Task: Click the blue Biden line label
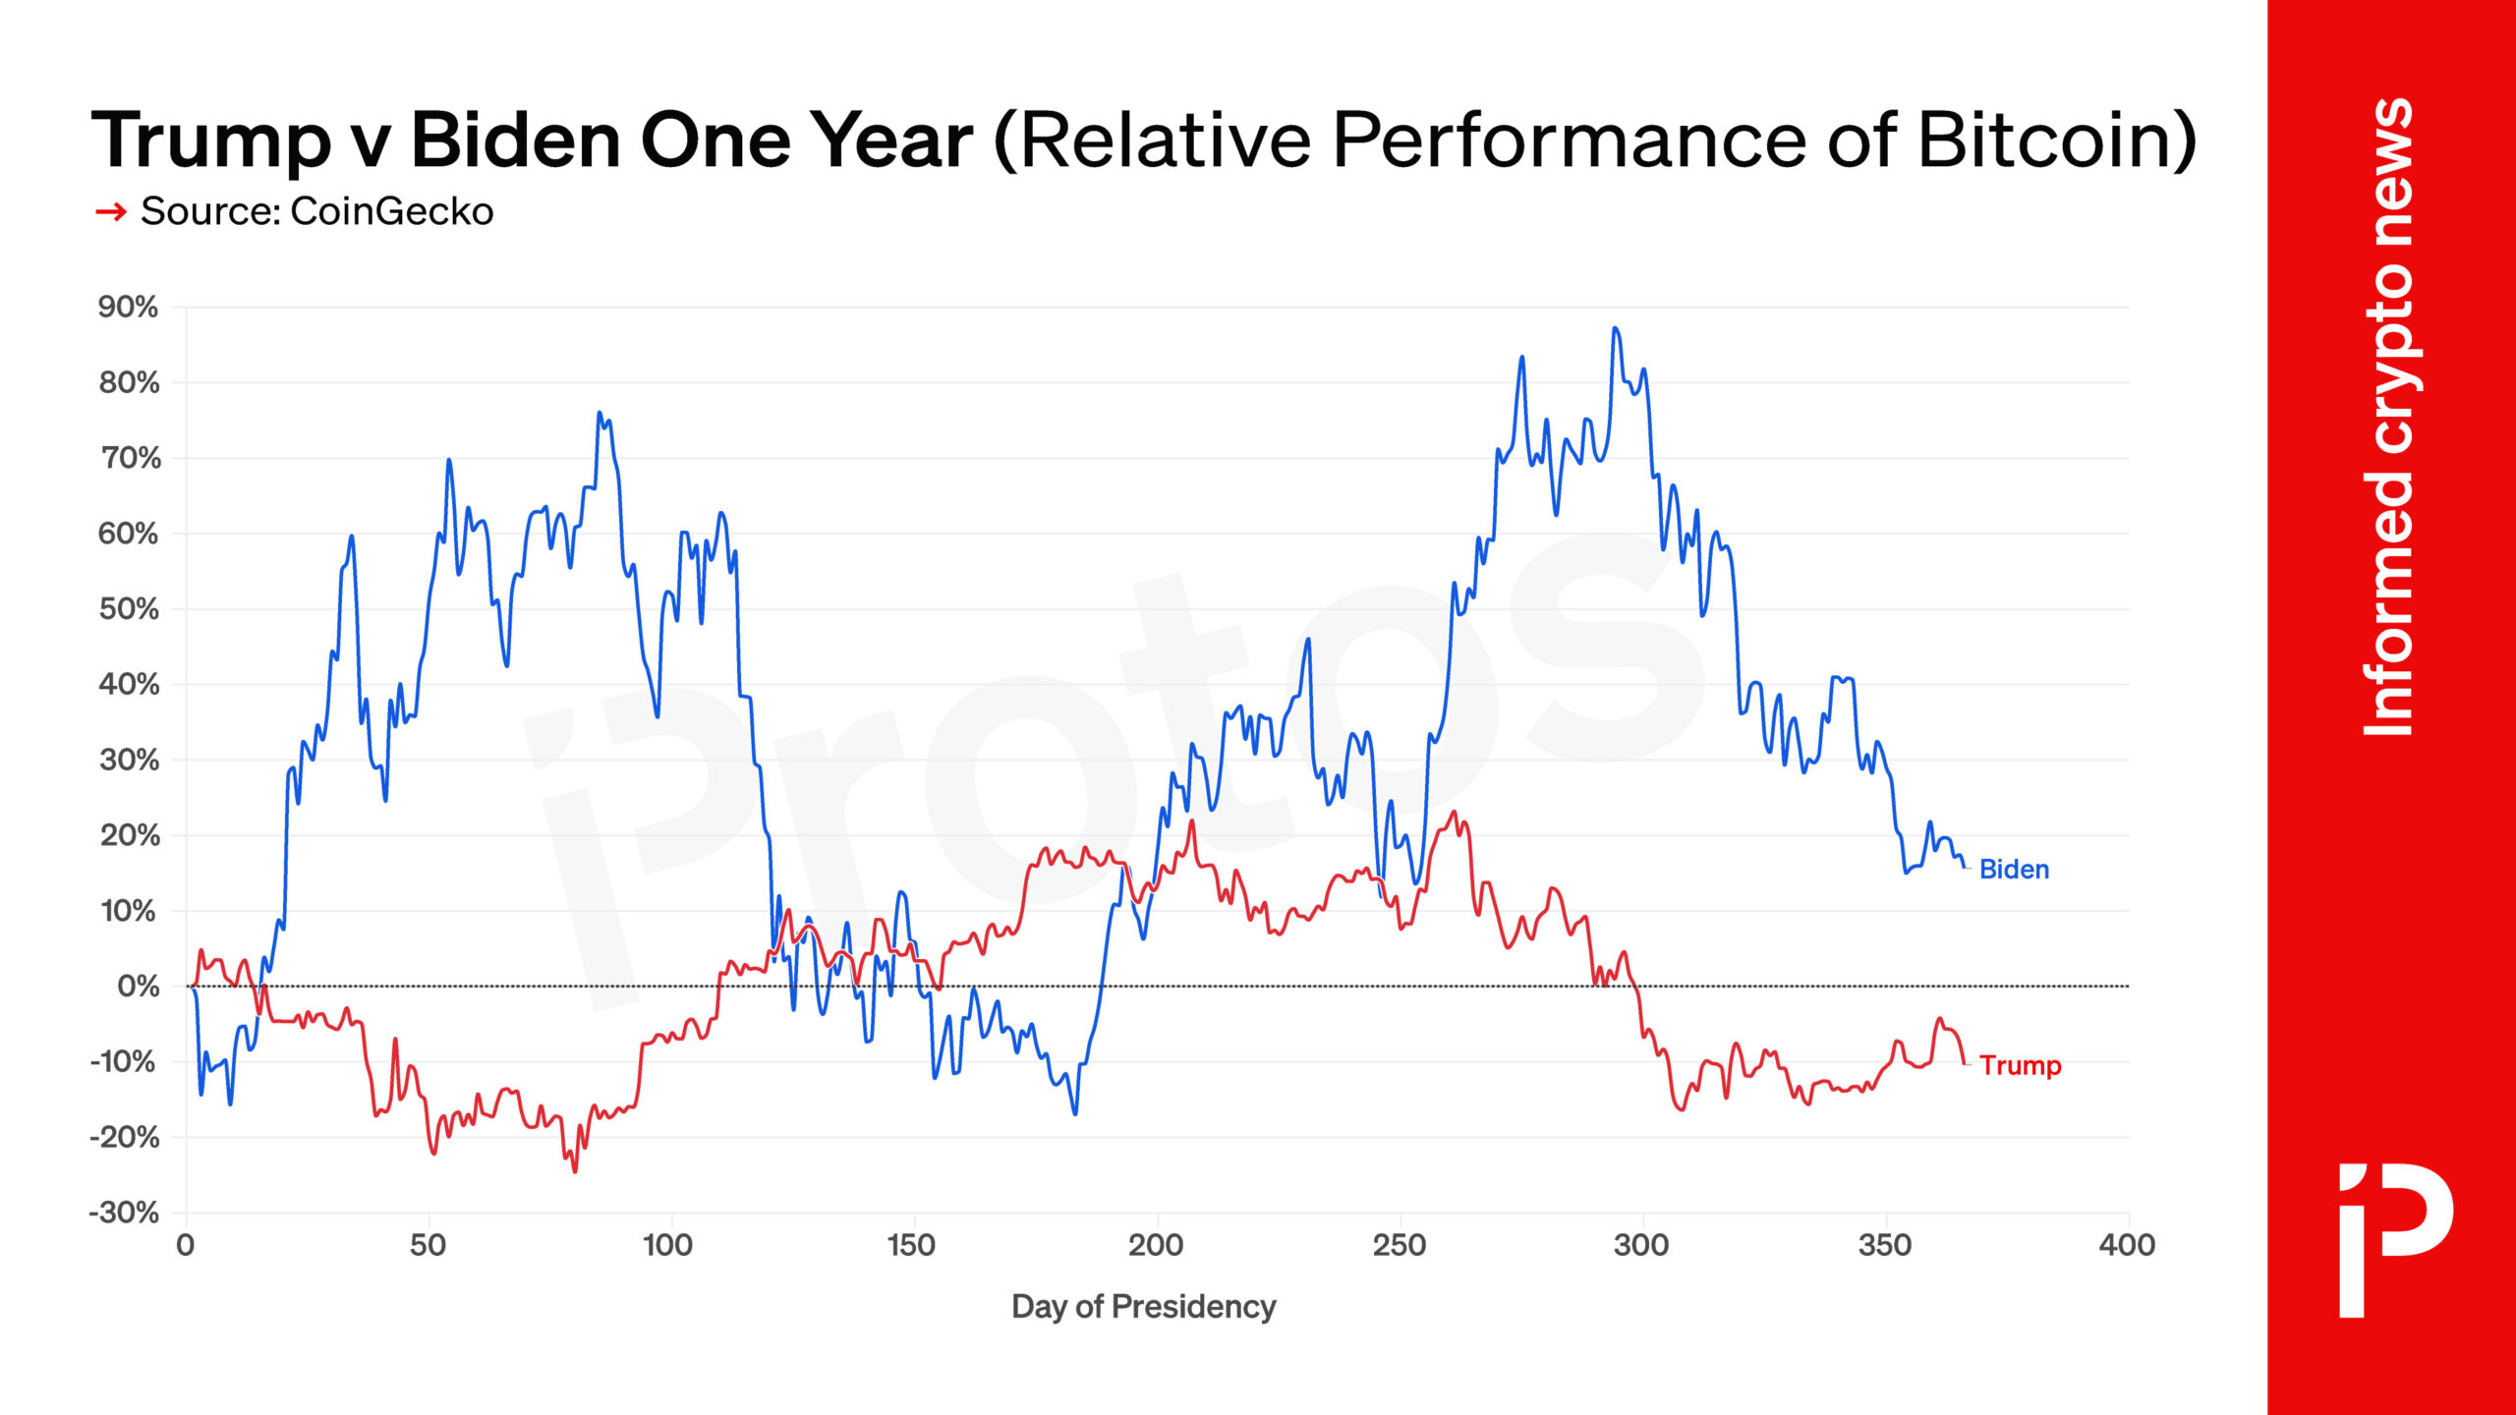coord(2013,870)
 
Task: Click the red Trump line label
coord(2020,1065)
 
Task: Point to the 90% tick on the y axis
coord(128,307)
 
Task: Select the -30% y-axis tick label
coord(124,1213)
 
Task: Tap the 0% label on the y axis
coord(138,986)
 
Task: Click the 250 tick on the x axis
coord(1399,1246)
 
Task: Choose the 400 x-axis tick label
coord(2127,1246)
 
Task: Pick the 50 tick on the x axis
coord(428,1246)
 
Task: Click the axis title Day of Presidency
coord(1143,1307)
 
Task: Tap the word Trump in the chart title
coord(211,140)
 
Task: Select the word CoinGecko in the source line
coord(391,211)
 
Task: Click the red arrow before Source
coord(111,211)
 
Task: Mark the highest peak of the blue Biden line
coord(1615,329)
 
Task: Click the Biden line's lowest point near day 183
coord(1074,1113)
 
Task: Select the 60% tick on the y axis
coord(128,534)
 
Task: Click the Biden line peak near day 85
coord(600,414)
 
